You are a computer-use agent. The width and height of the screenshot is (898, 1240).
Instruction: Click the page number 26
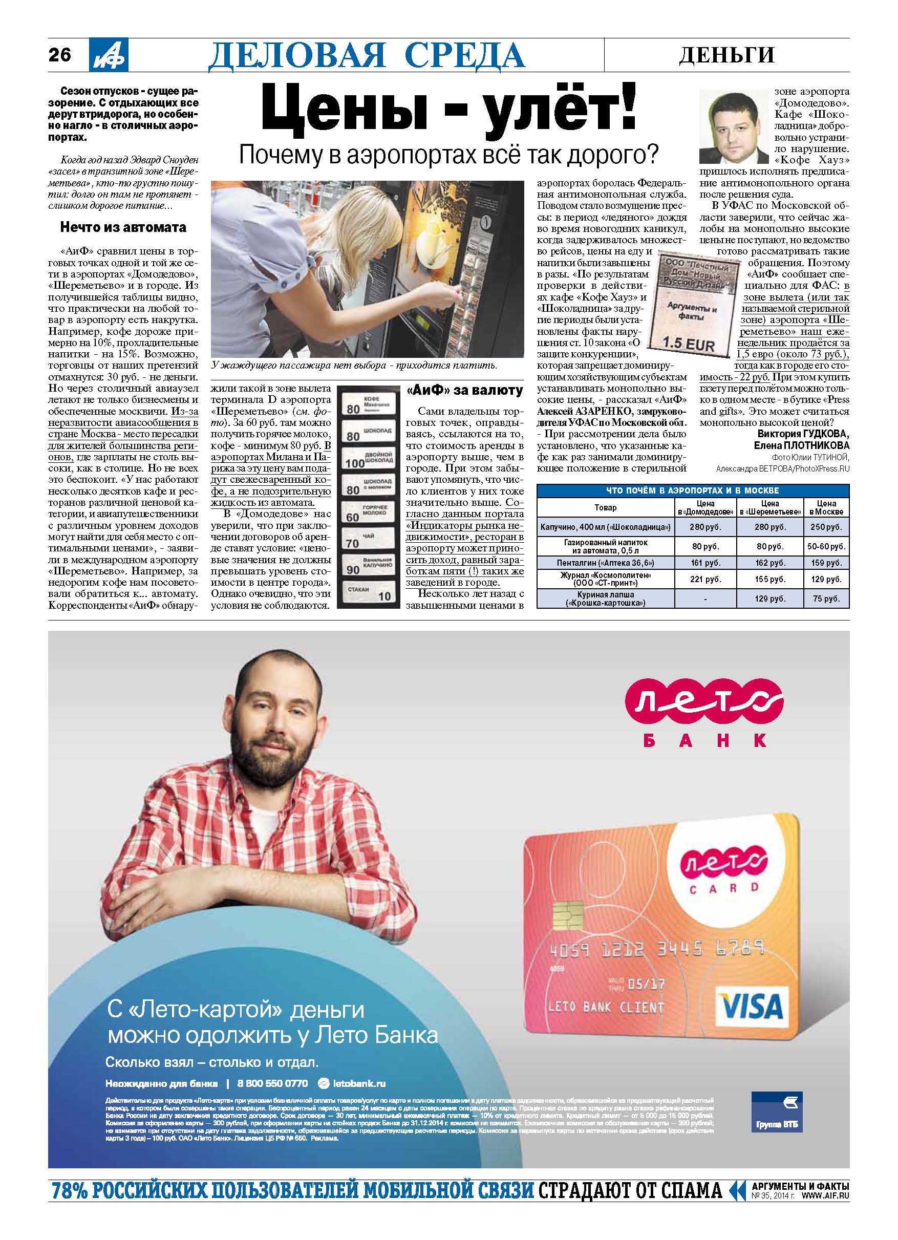(x=60, y=55)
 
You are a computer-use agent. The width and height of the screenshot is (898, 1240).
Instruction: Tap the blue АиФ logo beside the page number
(x=109, y=55)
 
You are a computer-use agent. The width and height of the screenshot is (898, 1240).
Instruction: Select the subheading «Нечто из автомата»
(x=123, y=227)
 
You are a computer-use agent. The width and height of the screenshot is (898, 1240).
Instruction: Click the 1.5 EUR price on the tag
(x=688, y=345)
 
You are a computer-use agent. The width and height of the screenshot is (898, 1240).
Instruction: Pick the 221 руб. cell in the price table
(x=705, y=579)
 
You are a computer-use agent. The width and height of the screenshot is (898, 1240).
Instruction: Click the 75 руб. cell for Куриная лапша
(x=826, y=598)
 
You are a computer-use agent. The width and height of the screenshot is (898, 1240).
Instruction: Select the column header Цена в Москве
(x=826, y=507)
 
